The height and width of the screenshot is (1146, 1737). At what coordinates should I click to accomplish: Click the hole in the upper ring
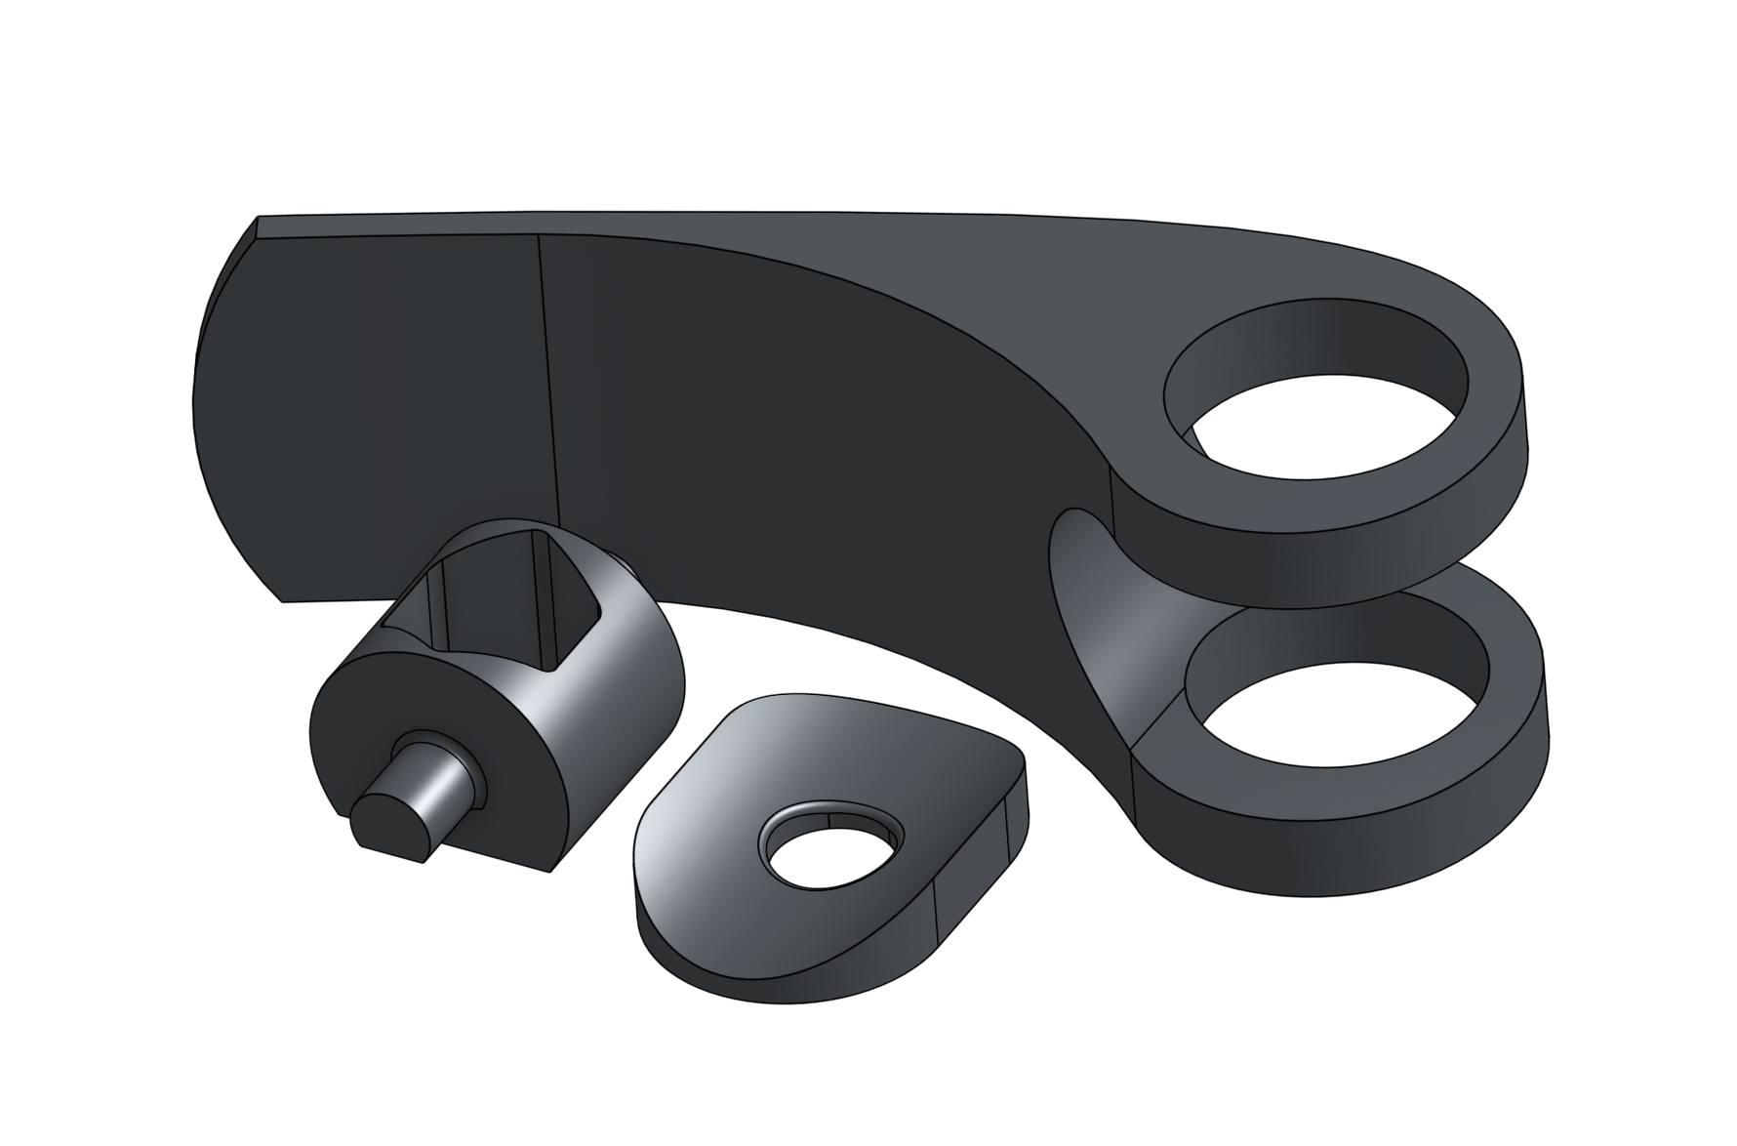click(x=1327, y=430)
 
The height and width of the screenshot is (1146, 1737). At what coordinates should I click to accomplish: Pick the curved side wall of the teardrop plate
click(x=781, y=966)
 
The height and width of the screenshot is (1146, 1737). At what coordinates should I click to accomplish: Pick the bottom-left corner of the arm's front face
click(x=283, y=599)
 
